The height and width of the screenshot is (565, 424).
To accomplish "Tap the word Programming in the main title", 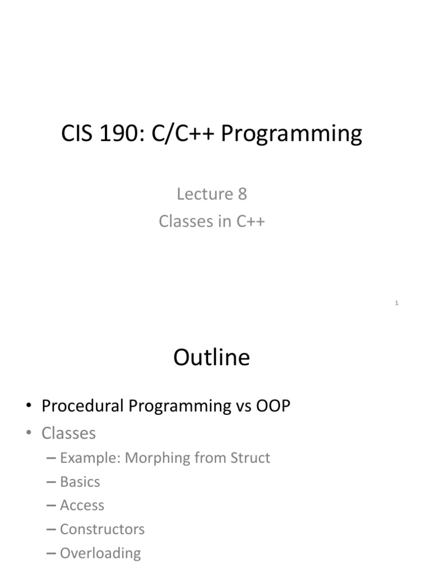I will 291,134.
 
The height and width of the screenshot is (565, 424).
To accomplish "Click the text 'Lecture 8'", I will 211,194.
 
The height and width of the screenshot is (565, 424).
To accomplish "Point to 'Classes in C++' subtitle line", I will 212,221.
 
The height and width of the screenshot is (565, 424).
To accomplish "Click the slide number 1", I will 396,303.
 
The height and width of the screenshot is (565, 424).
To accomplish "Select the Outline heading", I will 211,358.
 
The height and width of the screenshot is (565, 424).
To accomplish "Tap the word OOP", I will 273,406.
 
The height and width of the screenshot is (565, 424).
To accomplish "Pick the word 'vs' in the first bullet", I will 242,406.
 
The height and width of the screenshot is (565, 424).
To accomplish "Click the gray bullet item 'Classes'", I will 68,434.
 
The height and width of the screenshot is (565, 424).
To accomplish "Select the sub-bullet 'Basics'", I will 80,482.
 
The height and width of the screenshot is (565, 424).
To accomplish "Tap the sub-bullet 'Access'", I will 82,505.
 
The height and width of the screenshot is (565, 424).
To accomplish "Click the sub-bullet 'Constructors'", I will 102,529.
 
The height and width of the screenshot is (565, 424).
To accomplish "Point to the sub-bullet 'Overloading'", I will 100,553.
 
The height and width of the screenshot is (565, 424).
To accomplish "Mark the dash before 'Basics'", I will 52,482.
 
